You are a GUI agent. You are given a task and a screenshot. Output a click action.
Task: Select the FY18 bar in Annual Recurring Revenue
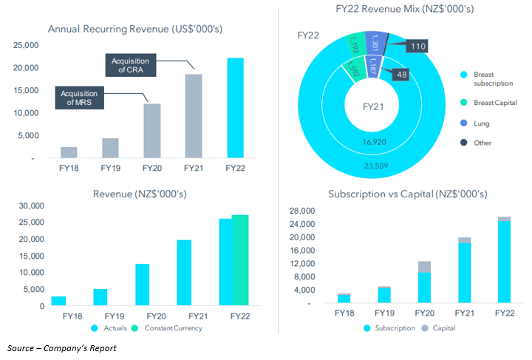[69, 152]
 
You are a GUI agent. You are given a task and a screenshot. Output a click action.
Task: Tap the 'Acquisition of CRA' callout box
[130, 64]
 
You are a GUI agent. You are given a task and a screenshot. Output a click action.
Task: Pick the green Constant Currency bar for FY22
[241, 260]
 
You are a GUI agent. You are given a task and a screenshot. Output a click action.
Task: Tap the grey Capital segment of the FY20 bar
[424, 267]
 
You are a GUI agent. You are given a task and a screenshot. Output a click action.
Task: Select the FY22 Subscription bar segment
[504, 262]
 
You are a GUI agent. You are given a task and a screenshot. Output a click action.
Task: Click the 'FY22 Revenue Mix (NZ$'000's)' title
[395, 10]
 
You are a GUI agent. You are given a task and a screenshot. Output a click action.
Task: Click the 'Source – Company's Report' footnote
[62, 347]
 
